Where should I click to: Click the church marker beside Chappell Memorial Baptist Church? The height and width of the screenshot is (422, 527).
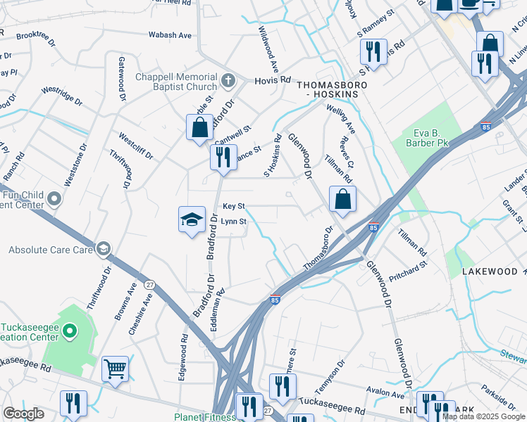pos(228,80)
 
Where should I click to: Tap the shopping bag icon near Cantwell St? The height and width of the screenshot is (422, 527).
pos(200,127)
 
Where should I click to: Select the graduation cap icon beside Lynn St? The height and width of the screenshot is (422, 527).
pos(192,220)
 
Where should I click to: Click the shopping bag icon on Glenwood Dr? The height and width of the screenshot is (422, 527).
pos(342,199)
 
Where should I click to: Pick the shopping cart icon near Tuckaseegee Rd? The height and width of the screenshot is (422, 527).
pos(115,369)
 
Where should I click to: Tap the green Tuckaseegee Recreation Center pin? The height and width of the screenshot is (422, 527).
pos(70,330)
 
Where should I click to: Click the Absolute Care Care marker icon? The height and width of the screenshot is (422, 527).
pos(104,249)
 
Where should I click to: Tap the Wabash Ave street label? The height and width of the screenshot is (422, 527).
pos(170,35)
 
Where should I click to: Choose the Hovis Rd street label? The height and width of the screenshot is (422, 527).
pos(274,80)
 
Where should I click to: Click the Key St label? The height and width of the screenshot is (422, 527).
pos(233,207)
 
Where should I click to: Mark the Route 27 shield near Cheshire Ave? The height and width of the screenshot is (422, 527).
pos(149,285)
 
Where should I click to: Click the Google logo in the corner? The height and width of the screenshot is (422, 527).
pos(23,414)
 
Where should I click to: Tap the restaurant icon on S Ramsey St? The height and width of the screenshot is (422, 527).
pos(373,52)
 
